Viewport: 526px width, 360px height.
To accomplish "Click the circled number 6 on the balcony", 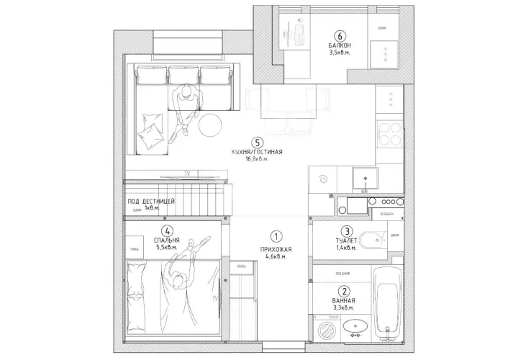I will click(340, 35).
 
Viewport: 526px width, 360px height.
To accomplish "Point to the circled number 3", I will click(347, 232).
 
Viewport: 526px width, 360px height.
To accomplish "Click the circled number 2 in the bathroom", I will click(345, 292).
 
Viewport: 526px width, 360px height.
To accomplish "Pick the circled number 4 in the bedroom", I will click(167, 231).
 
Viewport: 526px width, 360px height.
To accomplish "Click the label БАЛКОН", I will click(339, 45).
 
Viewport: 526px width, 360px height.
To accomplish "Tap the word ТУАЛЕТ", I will click(346, 240).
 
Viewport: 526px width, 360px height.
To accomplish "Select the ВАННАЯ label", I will click(345, 300).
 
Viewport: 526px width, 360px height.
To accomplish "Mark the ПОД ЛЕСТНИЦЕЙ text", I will click(150, 201).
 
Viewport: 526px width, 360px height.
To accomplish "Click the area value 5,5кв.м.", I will click(167, 248).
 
